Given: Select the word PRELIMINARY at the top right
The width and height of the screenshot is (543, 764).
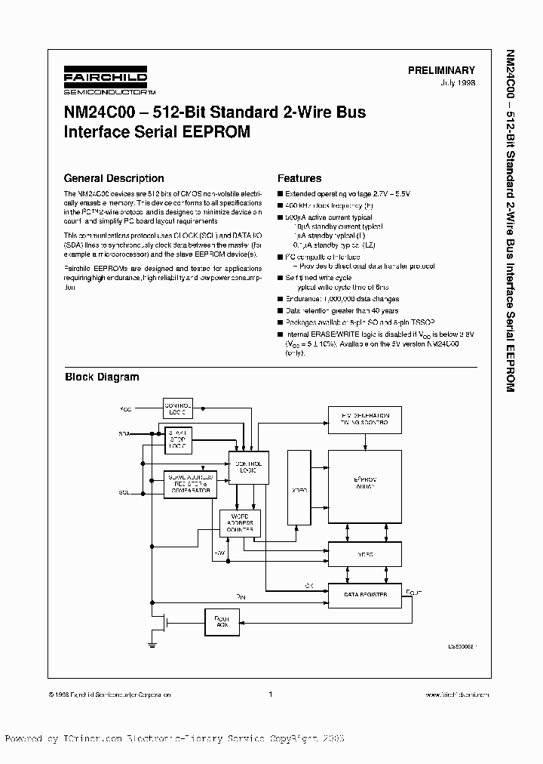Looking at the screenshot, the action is (x=441, y=69).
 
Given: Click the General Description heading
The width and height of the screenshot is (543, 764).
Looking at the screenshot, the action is (x=114, y=179).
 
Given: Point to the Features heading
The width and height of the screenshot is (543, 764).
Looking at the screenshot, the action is (x=299, y=179).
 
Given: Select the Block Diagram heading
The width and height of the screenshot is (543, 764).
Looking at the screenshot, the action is (x=102, y=377).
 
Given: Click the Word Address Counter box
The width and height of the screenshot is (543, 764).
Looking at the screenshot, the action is (x=240, y=524).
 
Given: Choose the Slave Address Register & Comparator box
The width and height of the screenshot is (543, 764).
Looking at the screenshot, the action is (x=189, y=485).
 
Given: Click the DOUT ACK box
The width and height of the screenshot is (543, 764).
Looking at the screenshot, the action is (x=221, y=622).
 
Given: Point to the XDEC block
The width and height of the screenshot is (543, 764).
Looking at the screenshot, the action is (x=299, y=489).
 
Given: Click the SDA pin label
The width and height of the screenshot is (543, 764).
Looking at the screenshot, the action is (x=124, y=435).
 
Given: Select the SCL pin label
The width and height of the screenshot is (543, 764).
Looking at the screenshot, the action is (x=124, y=491).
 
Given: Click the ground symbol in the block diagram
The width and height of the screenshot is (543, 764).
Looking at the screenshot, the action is (x=152, y=642).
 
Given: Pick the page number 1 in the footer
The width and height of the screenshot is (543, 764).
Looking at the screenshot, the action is (x=270, y=695).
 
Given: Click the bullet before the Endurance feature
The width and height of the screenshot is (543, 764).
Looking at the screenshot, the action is (x=281, y=299).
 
